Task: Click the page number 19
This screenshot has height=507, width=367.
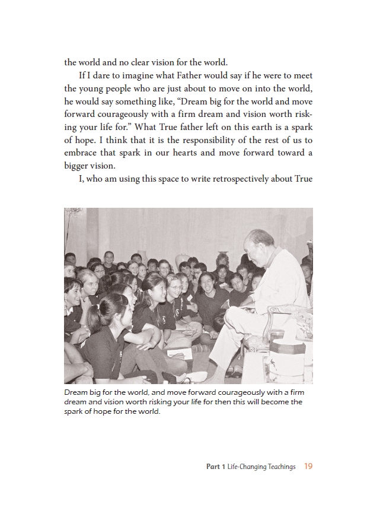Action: [x=308, y=467]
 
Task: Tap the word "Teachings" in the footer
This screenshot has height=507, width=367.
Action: [x=280, y=467]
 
